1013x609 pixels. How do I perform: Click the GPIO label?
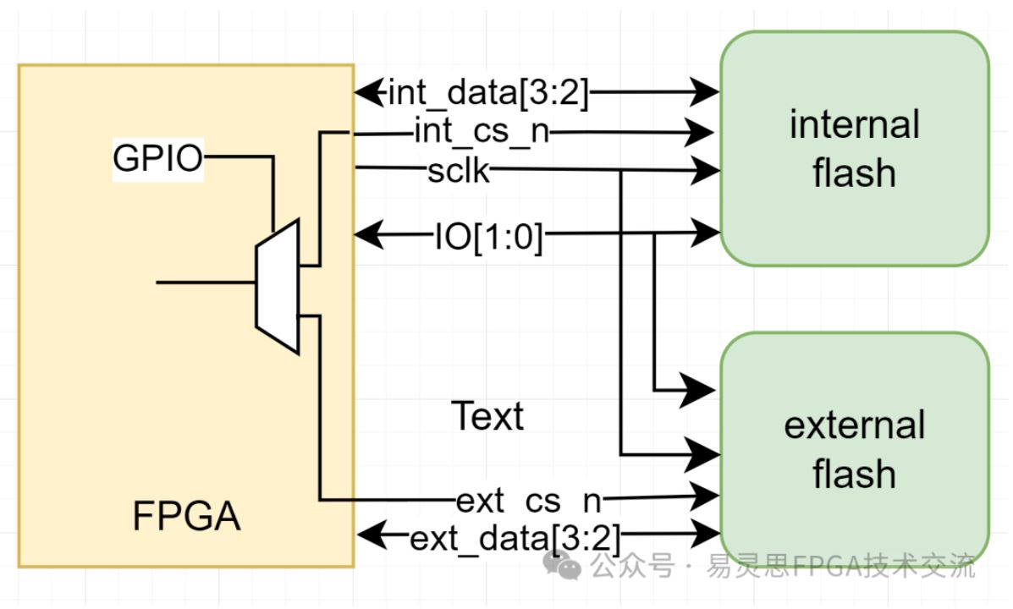tap(157, 158)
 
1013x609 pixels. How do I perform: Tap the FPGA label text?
tap(186, 516)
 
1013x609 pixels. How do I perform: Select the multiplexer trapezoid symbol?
tap(278, 287)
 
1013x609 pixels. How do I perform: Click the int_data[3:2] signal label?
tap(488, 93)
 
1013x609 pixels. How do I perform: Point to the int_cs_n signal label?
tap(482, 132)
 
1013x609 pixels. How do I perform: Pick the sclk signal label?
tap(459, 171)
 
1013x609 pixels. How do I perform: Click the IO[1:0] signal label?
tap(489, 237)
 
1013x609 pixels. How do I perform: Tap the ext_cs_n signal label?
tap(529, 501)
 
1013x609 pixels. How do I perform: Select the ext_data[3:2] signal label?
tap(515, 538)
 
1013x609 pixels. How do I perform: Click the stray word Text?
tap(487, 416)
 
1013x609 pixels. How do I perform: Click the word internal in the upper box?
tap(854, 124)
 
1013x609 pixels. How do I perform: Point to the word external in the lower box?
tap(854, 425)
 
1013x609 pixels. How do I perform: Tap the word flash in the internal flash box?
tap(854, 173)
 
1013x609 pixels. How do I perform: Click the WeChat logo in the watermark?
tap(561, 566)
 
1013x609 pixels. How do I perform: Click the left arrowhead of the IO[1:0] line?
tap(369, 233)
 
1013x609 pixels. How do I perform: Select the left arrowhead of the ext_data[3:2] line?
tap(372, 534)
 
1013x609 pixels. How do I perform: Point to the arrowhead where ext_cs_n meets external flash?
tap(705, 496)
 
